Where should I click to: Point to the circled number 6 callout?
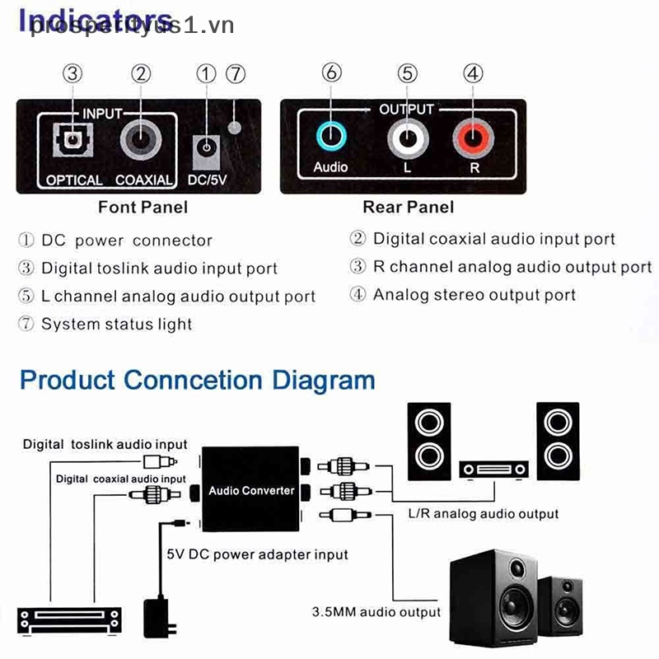point(332,72)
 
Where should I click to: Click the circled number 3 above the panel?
point(73,73)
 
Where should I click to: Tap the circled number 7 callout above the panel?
point(236,73)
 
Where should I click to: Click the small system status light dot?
point(235,128)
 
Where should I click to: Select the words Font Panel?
point(143,206)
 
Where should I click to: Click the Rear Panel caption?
point(408,206)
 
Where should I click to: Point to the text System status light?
point(116,325)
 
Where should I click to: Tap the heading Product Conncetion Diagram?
point(198,381)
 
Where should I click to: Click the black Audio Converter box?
point(251,489)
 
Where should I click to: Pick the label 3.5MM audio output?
point(376,612)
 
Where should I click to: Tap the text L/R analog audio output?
point(484,514)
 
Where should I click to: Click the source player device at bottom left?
point(69,620)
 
